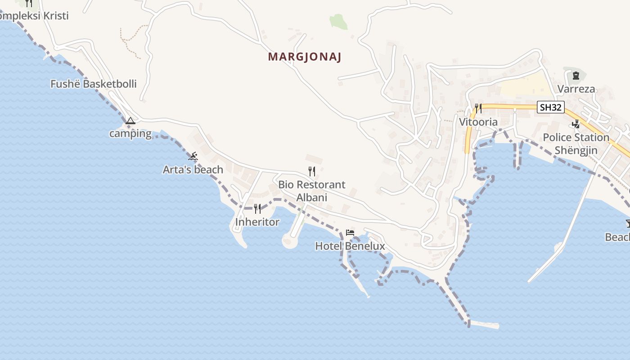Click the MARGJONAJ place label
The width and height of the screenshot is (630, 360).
point(305,57)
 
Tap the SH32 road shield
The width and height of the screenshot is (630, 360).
point(551,107)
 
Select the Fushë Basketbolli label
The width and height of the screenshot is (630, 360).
point(94,84)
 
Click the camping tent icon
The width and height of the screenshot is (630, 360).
point(130,121)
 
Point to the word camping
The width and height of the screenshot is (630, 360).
point(130,134)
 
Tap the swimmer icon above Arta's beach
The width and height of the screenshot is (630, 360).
point(193,157)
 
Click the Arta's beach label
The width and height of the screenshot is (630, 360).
point(193,170)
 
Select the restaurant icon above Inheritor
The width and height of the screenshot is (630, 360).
point(257,208)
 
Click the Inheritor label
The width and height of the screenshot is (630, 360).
point(257,222)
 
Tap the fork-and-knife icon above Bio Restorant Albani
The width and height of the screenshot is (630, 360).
point(311,171)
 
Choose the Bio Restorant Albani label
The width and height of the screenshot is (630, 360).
point(312,191)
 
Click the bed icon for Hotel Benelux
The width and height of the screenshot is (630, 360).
point(350,233)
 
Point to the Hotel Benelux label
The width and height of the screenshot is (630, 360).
point(350,246)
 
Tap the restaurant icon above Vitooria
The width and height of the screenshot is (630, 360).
point(478,108)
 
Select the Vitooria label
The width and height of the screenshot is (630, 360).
point(478,122)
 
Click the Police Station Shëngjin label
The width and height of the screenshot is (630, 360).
point(576,144)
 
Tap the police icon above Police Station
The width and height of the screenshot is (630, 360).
point(576,124)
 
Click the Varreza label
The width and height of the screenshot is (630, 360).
point(576,89)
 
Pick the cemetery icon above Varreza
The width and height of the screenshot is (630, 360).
point(576,76)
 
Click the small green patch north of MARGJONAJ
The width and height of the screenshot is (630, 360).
point(338,21)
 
